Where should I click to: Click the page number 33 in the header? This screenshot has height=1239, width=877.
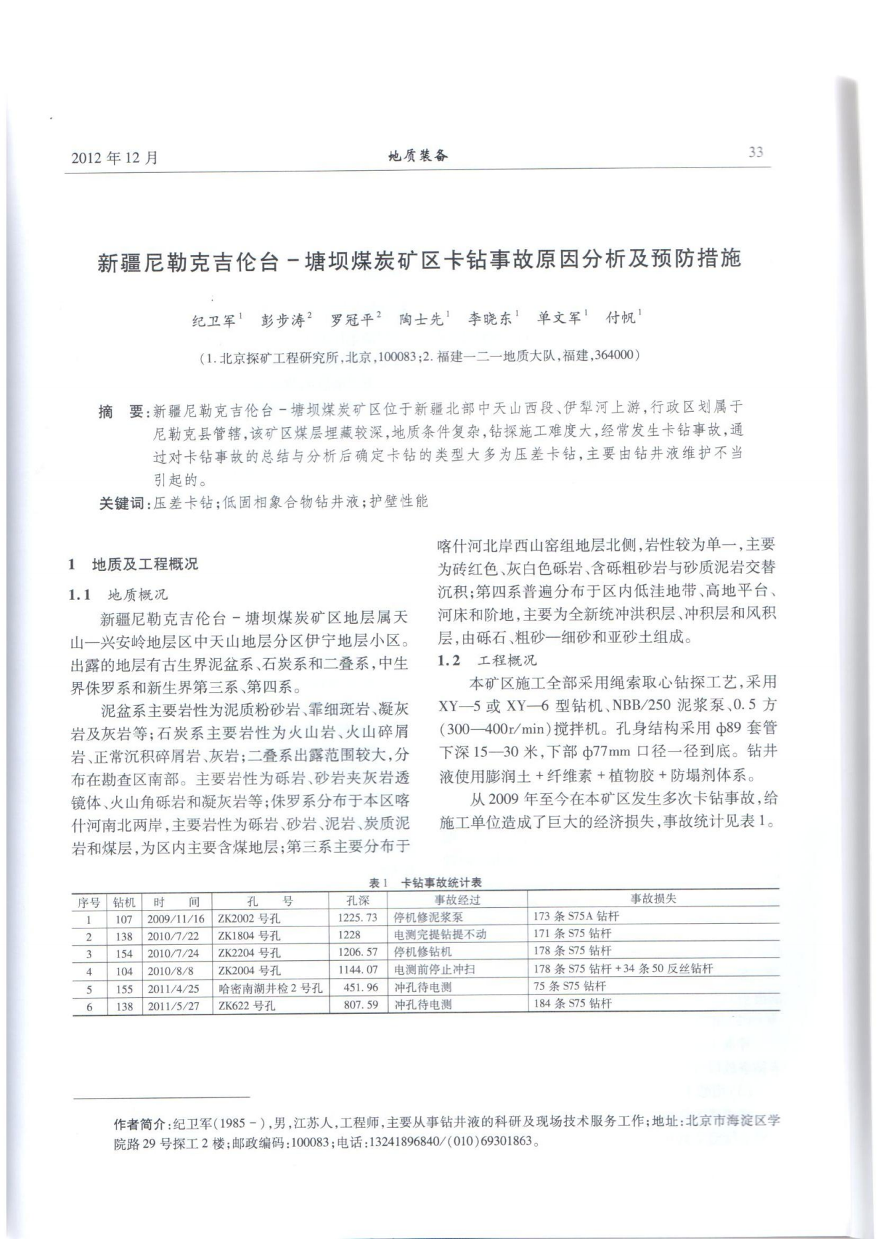(x=755, y=152)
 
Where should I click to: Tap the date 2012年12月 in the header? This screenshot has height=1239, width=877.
(x=115, y=158)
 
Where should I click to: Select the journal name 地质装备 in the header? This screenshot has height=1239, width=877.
(x=418, y=156)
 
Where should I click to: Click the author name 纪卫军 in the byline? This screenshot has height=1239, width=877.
(x=214, y=321)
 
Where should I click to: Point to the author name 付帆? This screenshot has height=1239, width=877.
(x=621, y=318)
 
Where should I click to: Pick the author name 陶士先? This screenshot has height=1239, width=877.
(x=421, y=320)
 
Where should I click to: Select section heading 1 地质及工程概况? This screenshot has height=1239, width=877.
(x=133, y=565)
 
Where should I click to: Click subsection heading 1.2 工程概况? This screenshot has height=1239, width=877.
(x=488, y=660)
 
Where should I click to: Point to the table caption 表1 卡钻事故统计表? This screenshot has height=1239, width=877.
(x=425, y=883)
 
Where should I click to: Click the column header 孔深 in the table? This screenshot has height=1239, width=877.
(x=358, y=901)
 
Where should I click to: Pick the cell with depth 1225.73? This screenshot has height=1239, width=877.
(x=358, y=918)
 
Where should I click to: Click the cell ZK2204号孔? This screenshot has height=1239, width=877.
(x=249, y=953)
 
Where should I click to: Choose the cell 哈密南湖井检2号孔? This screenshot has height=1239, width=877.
(x=270, y=988)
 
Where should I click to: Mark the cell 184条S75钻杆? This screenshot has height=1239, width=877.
(x=572, y=1004)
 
